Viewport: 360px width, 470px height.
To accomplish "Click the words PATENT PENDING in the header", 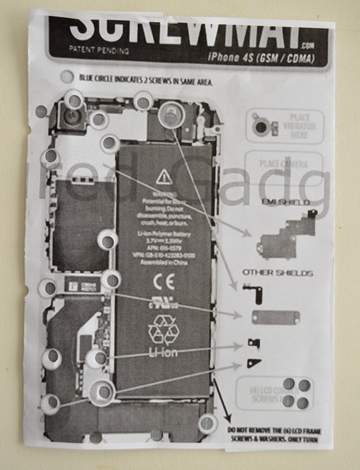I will pos(94,47).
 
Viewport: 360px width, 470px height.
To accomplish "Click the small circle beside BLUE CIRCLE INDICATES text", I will pos(67,77).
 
